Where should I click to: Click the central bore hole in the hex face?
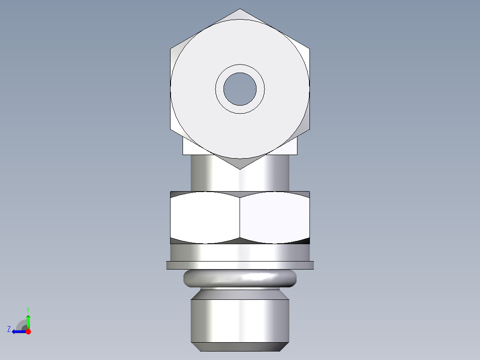[240, 89]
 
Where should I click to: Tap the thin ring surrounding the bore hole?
[240, 69]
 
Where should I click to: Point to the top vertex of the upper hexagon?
[240, 9]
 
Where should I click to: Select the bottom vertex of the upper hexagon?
[240, 168]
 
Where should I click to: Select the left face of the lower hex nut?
[205, 218]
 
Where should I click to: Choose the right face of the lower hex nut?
[275, 218]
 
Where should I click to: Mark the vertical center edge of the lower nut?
[240, 218]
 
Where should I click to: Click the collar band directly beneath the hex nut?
[240, 252]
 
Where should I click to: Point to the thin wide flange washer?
[240, 265]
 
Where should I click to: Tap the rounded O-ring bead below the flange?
[240, 278]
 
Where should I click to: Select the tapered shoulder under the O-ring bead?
[240, 294]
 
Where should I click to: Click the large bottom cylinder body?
[240, 321]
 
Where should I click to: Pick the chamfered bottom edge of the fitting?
[240, 347]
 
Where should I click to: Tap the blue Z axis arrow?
[18, 331]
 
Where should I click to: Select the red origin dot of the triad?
[28, 331]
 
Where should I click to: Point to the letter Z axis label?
[9, 329]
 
